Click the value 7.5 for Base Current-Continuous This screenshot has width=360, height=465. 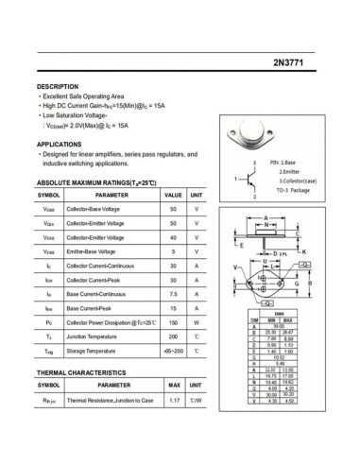point(173,294)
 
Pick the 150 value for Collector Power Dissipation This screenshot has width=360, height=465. point(173,322)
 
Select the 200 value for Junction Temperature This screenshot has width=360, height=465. point(173,336)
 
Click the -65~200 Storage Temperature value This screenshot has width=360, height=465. point(173,352)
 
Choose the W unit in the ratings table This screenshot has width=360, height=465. point(197,322)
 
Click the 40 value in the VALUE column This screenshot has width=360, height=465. point(173,237)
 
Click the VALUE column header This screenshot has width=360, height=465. point(173,194)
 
